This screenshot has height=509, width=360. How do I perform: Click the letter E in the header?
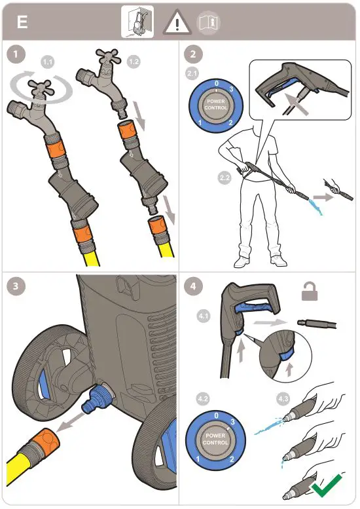[x=22, y=23]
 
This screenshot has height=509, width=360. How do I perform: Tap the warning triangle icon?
[x=177, y=22]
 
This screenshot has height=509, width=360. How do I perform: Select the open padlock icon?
[x=310, y=291]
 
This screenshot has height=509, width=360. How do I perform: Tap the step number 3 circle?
[x=15, y=286]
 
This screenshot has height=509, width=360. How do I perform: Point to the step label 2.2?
[x=225, y=178]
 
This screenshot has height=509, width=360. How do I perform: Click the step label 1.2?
[x=134, y=62]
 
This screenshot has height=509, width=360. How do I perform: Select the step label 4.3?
[x=283, y=398]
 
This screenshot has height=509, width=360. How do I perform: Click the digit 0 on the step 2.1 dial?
[x=217, y=84]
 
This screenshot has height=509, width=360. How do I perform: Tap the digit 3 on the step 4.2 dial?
[x=232, y=422]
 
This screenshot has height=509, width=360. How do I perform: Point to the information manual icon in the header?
[x=208, y=22]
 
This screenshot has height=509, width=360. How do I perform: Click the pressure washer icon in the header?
[x=137, y=22]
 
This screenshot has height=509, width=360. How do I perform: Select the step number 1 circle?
[x=15, y=54]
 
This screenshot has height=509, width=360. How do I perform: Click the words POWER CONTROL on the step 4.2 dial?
[x=215, y=439]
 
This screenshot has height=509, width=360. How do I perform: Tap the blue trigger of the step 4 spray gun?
[x=254, y=306]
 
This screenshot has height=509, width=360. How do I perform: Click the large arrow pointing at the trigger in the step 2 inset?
[x=297, y=104]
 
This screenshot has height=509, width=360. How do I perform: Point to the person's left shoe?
[x=278, y=260]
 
